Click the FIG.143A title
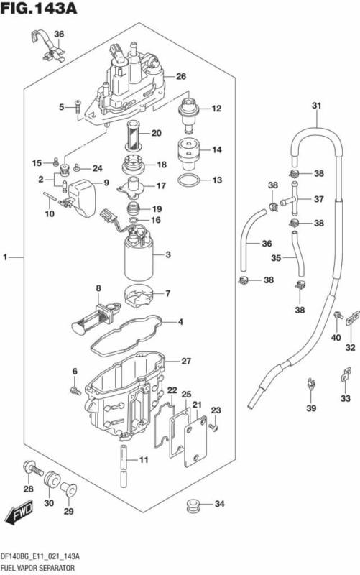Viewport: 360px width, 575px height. tap(38, 9)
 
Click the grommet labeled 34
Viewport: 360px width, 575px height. tap(191, 505)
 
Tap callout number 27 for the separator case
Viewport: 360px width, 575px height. tap(185, 361)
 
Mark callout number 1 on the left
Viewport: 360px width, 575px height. tap(6, 257)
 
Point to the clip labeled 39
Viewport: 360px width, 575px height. tap(310, 387)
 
